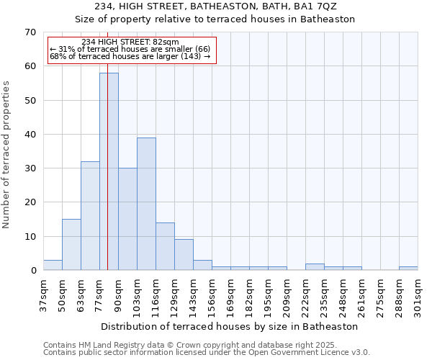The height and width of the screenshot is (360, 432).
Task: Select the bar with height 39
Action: (146, 204)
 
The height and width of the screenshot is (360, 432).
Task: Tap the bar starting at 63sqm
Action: (90, 216)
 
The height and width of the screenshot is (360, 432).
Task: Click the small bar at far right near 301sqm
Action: (408, 269)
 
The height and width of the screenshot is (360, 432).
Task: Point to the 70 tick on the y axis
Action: (30, 32)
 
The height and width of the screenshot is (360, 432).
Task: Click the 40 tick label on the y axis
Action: (30, 135)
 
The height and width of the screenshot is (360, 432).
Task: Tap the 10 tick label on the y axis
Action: (30, 237)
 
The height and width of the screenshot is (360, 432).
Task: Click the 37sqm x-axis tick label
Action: (44, 295)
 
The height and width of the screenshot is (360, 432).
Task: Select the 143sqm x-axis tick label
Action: (194, 295)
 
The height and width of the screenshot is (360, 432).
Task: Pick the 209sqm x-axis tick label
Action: (287, 295)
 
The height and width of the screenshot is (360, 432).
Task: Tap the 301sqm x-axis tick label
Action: (418, 295)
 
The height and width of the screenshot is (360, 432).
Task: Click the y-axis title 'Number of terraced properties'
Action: (6, 154)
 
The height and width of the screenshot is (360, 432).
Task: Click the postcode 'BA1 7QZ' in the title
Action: (316, 6)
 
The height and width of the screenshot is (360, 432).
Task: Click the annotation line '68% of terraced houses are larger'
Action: (130, 57)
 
